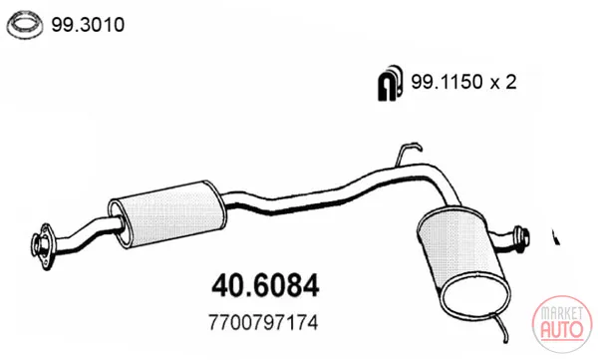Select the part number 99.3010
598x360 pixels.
click(x=88, y=25)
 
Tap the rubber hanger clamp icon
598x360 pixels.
click(x=390, y=83)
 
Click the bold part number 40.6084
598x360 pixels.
click(x=265, y=285)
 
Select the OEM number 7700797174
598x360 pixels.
click(x=263, y=323)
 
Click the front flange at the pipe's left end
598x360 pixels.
click(x=42, y=246)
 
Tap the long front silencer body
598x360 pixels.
click(x=167, y=214)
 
